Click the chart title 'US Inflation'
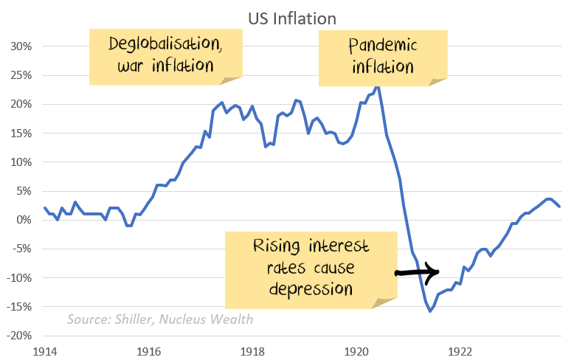coord(287,17)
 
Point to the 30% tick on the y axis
coord(21,46)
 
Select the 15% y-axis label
coord(21,133)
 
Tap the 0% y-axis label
coord(24,220)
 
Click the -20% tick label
coord(20,336)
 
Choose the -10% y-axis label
coord(20,278)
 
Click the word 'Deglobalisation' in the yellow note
coord(165,44)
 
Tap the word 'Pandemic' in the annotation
coord(381,45)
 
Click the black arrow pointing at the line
coord(418,272)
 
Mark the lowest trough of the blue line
coord(430,311)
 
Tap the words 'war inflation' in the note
coord(165,66)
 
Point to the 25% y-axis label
coord(21,75)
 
